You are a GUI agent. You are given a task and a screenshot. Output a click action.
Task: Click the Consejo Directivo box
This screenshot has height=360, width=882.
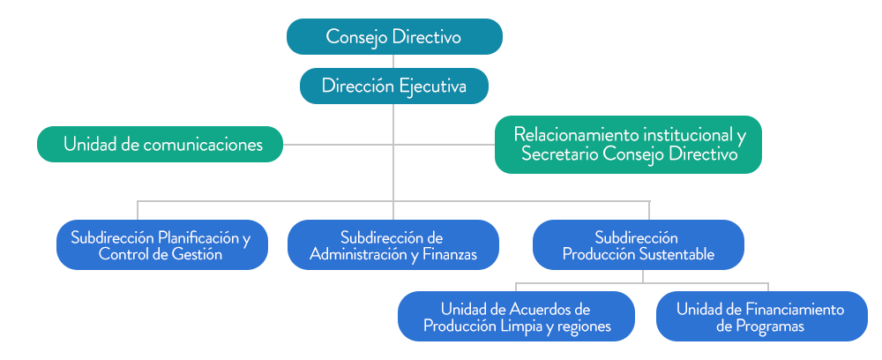click(x=394, y=37)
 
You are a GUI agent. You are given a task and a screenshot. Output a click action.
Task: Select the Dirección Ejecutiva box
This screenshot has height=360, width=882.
click(x=393, y=86)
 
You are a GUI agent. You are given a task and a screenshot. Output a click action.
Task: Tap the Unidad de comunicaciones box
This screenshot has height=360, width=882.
click(x=160, y=145)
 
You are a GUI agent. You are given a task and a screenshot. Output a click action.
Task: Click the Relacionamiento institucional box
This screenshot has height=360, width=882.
click(x=628, y=145)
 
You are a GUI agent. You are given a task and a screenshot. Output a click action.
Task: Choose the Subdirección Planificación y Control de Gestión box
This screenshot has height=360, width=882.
click(x=161, y=245)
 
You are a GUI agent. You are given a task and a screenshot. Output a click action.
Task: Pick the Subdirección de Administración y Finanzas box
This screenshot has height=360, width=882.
click(x=393, y=245)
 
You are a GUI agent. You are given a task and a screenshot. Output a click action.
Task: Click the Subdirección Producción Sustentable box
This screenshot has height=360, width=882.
click(x=638, y=245)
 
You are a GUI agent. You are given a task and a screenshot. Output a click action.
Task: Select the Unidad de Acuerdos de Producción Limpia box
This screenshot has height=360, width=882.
click(x=516, y=317)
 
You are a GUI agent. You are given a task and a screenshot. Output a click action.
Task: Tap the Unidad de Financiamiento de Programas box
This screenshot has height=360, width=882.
click(x=761, y=317)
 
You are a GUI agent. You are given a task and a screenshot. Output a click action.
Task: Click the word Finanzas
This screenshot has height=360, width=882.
click(x=447, y=255)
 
